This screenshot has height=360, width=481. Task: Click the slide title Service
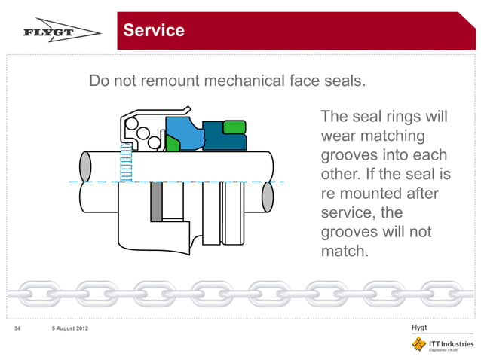click(x=154, y=30)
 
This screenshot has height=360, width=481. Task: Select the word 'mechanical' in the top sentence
click(x=242, y=81)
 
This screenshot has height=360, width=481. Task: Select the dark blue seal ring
click(x=224, y=140)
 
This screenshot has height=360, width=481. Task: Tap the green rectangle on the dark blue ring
click(x=234, y=126)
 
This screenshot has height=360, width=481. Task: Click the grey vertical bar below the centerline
click(x=156, y=201)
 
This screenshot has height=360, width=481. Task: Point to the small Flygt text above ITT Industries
click(x=420, y=328)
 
